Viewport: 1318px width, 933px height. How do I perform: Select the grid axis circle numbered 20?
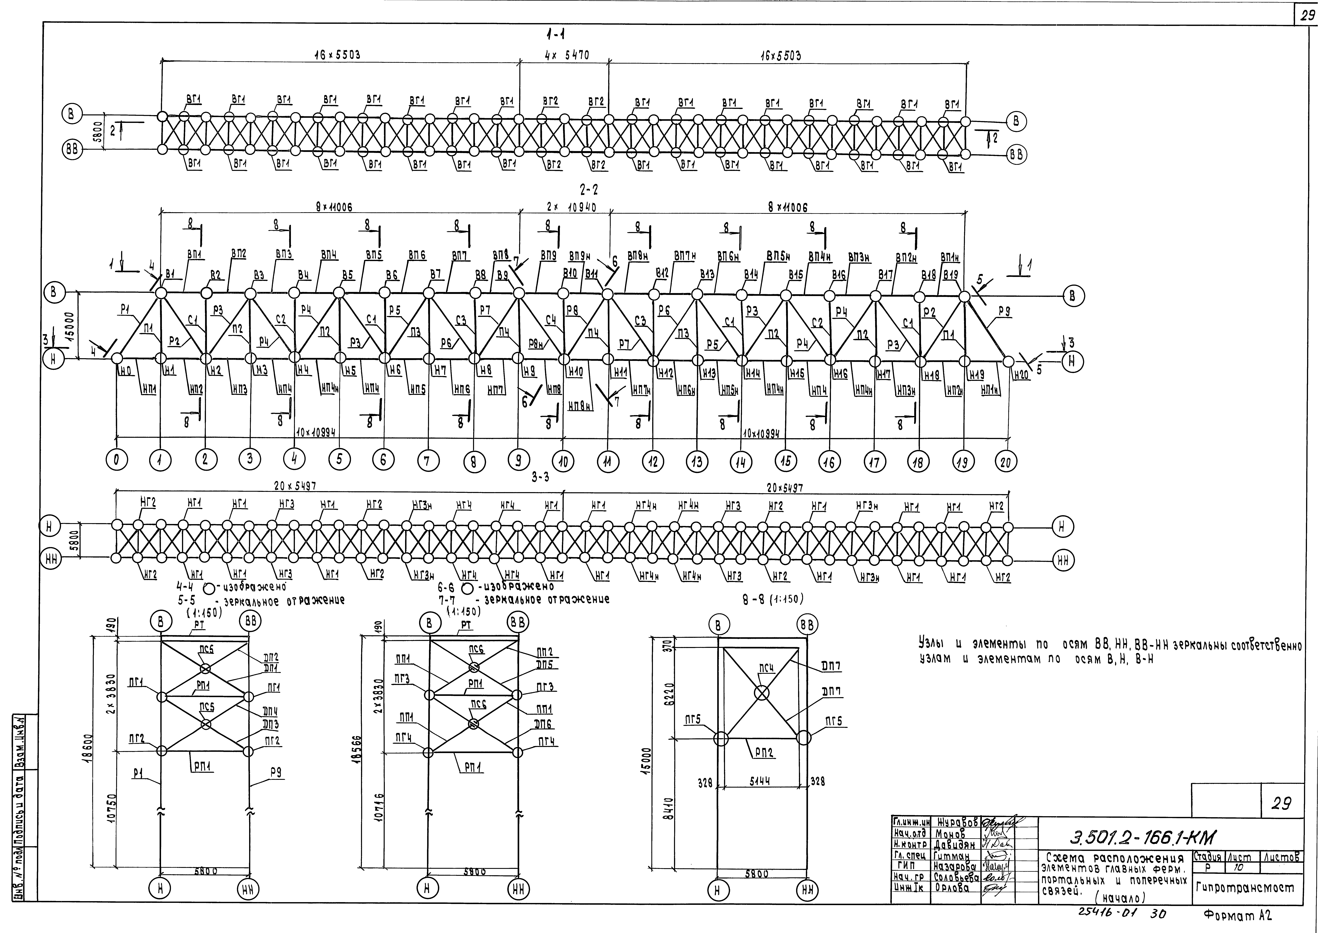pos(1005,461)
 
